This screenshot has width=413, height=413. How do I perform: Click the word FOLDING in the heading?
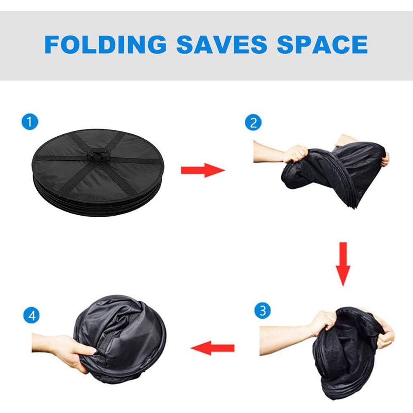click(105, 44)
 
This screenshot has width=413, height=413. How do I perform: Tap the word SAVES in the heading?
click(222, 44)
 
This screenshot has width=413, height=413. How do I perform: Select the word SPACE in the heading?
click(322, 44)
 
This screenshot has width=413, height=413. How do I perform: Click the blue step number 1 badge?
click(30, 122)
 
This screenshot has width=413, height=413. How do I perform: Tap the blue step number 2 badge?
click(253, 123)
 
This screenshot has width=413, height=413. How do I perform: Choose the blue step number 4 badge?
click(31, 315)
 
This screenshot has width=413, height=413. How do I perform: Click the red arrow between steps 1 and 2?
click(203, 170)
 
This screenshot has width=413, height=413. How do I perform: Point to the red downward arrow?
click(343, 264)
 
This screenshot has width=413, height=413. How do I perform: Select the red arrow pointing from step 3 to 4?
click(212, 348)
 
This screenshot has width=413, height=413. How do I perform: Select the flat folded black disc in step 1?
click(98, 173)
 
